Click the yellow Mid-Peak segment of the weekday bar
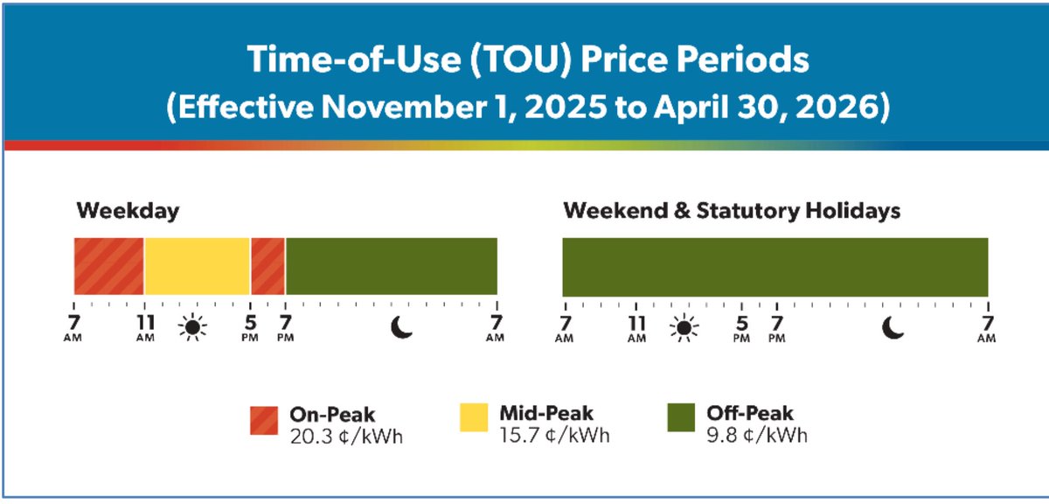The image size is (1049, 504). (x=197, y=266)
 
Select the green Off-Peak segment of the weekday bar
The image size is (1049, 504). (x=391, y=266)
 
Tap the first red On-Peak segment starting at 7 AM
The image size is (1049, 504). (x=108, y=266)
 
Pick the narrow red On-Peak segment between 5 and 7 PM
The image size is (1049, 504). (x=267, y=266)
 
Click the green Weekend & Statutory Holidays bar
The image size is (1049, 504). (x=775, y=266)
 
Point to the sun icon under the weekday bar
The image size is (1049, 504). (x=192, y=327)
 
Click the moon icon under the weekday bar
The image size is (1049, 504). (x=401, y=327)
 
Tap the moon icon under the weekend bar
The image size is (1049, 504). (x=893, y=327)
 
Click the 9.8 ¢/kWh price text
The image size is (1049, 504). (x=757, y=435)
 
